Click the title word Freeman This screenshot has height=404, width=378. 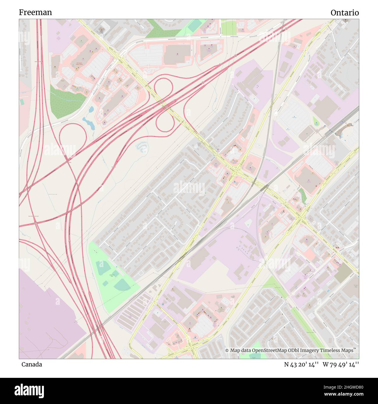pos(35,12)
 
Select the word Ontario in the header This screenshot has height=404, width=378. pos(345,13)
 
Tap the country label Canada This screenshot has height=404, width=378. pos(31,364)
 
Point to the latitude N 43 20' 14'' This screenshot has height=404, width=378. pos(302,364)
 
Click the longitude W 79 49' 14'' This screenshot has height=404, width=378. pos(341,364)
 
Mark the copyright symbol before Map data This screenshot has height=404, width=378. pos(227,350)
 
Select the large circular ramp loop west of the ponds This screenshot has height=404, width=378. pos(73,136)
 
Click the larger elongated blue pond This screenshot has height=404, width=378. pos(89,122)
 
